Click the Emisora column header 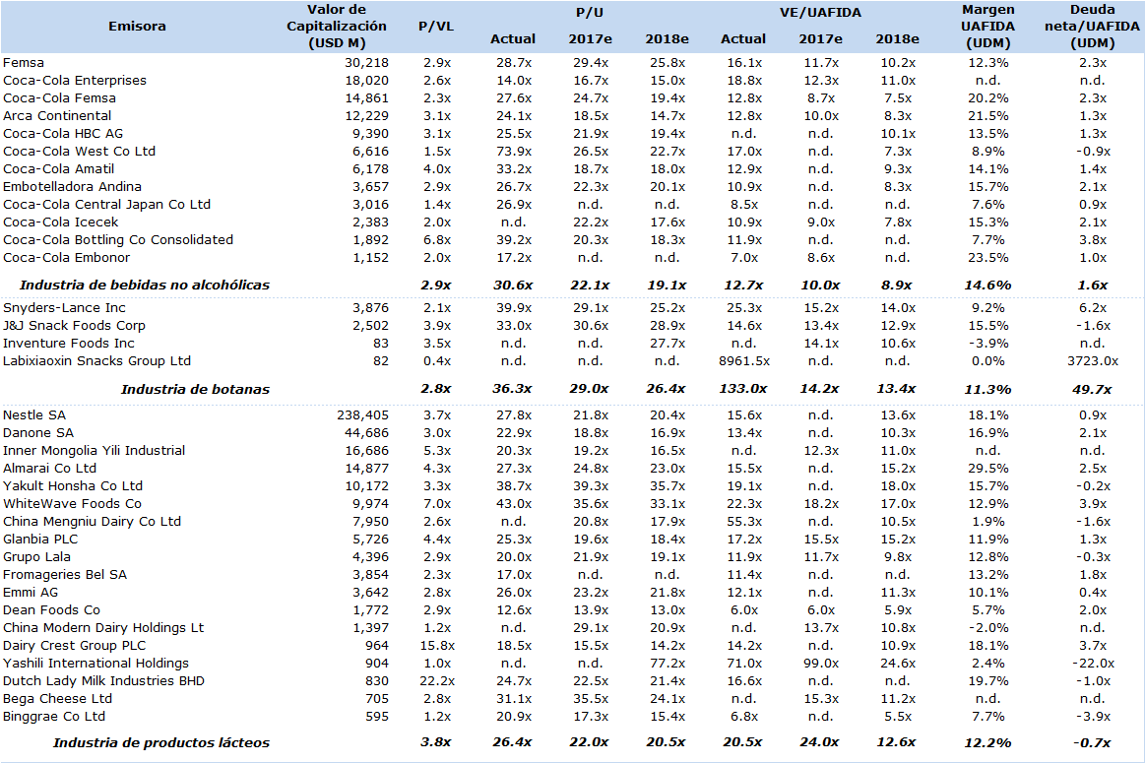click(137, 27)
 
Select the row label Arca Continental click(57, 115)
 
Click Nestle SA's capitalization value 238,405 click(363, 414)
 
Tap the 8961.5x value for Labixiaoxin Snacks click(744, 360)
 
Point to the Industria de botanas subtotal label click(195, 389)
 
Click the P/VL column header click(436, 27)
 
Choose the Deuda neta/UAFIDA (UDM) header click(1092, 27)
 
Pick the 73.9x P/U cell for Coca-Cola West click(513, 152)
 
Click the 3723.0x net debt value click(1093, 360)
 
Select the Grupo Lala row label click(36, 556)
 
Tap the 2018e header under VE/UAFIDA click(898, 38)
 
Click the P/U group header click(590, 13)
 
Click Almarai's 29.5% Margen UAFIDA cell click(988, 468)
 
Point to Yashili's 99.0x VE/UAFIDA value click(821, 663)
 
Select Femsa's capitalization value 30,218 click(366, 63)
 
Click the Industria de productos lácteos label click(161, 743)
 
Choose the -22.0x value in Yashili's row click(1093, 663)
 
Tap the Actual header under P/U click(513, 38)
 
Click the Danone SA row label click(38, 432)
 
